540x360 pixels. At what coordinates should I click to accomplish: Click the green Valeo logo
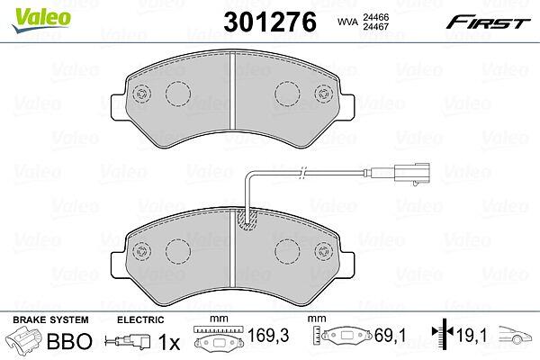tap(41, 20)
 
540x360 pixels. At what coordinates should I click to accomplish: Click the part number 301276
tap(270, 22)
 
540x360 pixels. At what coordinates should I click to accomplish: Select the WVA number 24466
tap(376, 17)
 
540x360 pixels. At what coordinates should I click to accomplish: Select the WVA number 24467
tap(376, 26)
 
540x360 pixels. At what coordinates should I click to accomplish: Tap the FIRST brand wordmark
tap(489, 22)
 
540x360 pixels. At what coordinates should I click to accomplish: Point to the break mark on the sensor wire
tap(302, 173)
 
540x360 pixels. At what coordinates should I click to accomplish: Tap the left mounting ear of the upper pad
tap(118, 107)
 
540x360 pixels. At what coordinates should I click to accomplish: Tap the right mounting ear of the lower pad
tap(346, 265)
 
